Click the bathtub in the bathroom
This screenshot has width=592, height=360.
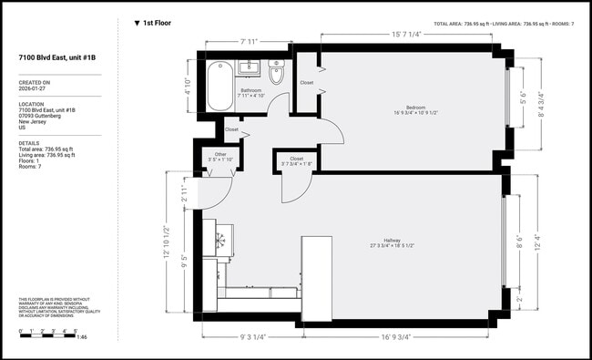click(219, 87)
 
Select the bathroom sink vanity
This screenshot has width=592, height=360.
click(250, 67)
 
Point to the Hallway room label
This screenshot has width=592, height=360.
click(397, 242)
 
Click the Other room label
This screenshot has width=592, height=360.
click(220, 154)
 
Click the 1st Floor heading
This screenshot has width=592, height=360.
click(157, 23)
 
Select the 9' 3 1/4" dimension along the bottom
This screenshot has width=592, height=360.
click(251, 337)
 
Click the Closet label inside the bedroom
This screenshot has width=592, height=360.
click(307, 83)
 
